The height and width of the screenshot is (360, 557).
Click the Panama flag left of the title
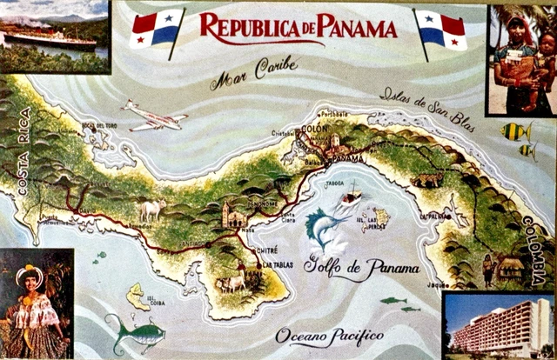pos(158,28)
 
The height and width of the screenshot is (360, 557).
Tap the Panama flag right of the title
pos(441,29)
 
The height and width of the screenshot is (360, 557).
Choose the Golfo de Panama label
pos(361,267)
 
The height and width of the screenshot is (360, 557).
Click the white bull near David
pos(151,209)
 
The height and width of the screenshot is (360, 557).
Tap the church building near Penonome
pos(233,214)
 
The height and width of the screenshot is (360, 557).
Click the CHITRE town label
pos(267,250)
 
